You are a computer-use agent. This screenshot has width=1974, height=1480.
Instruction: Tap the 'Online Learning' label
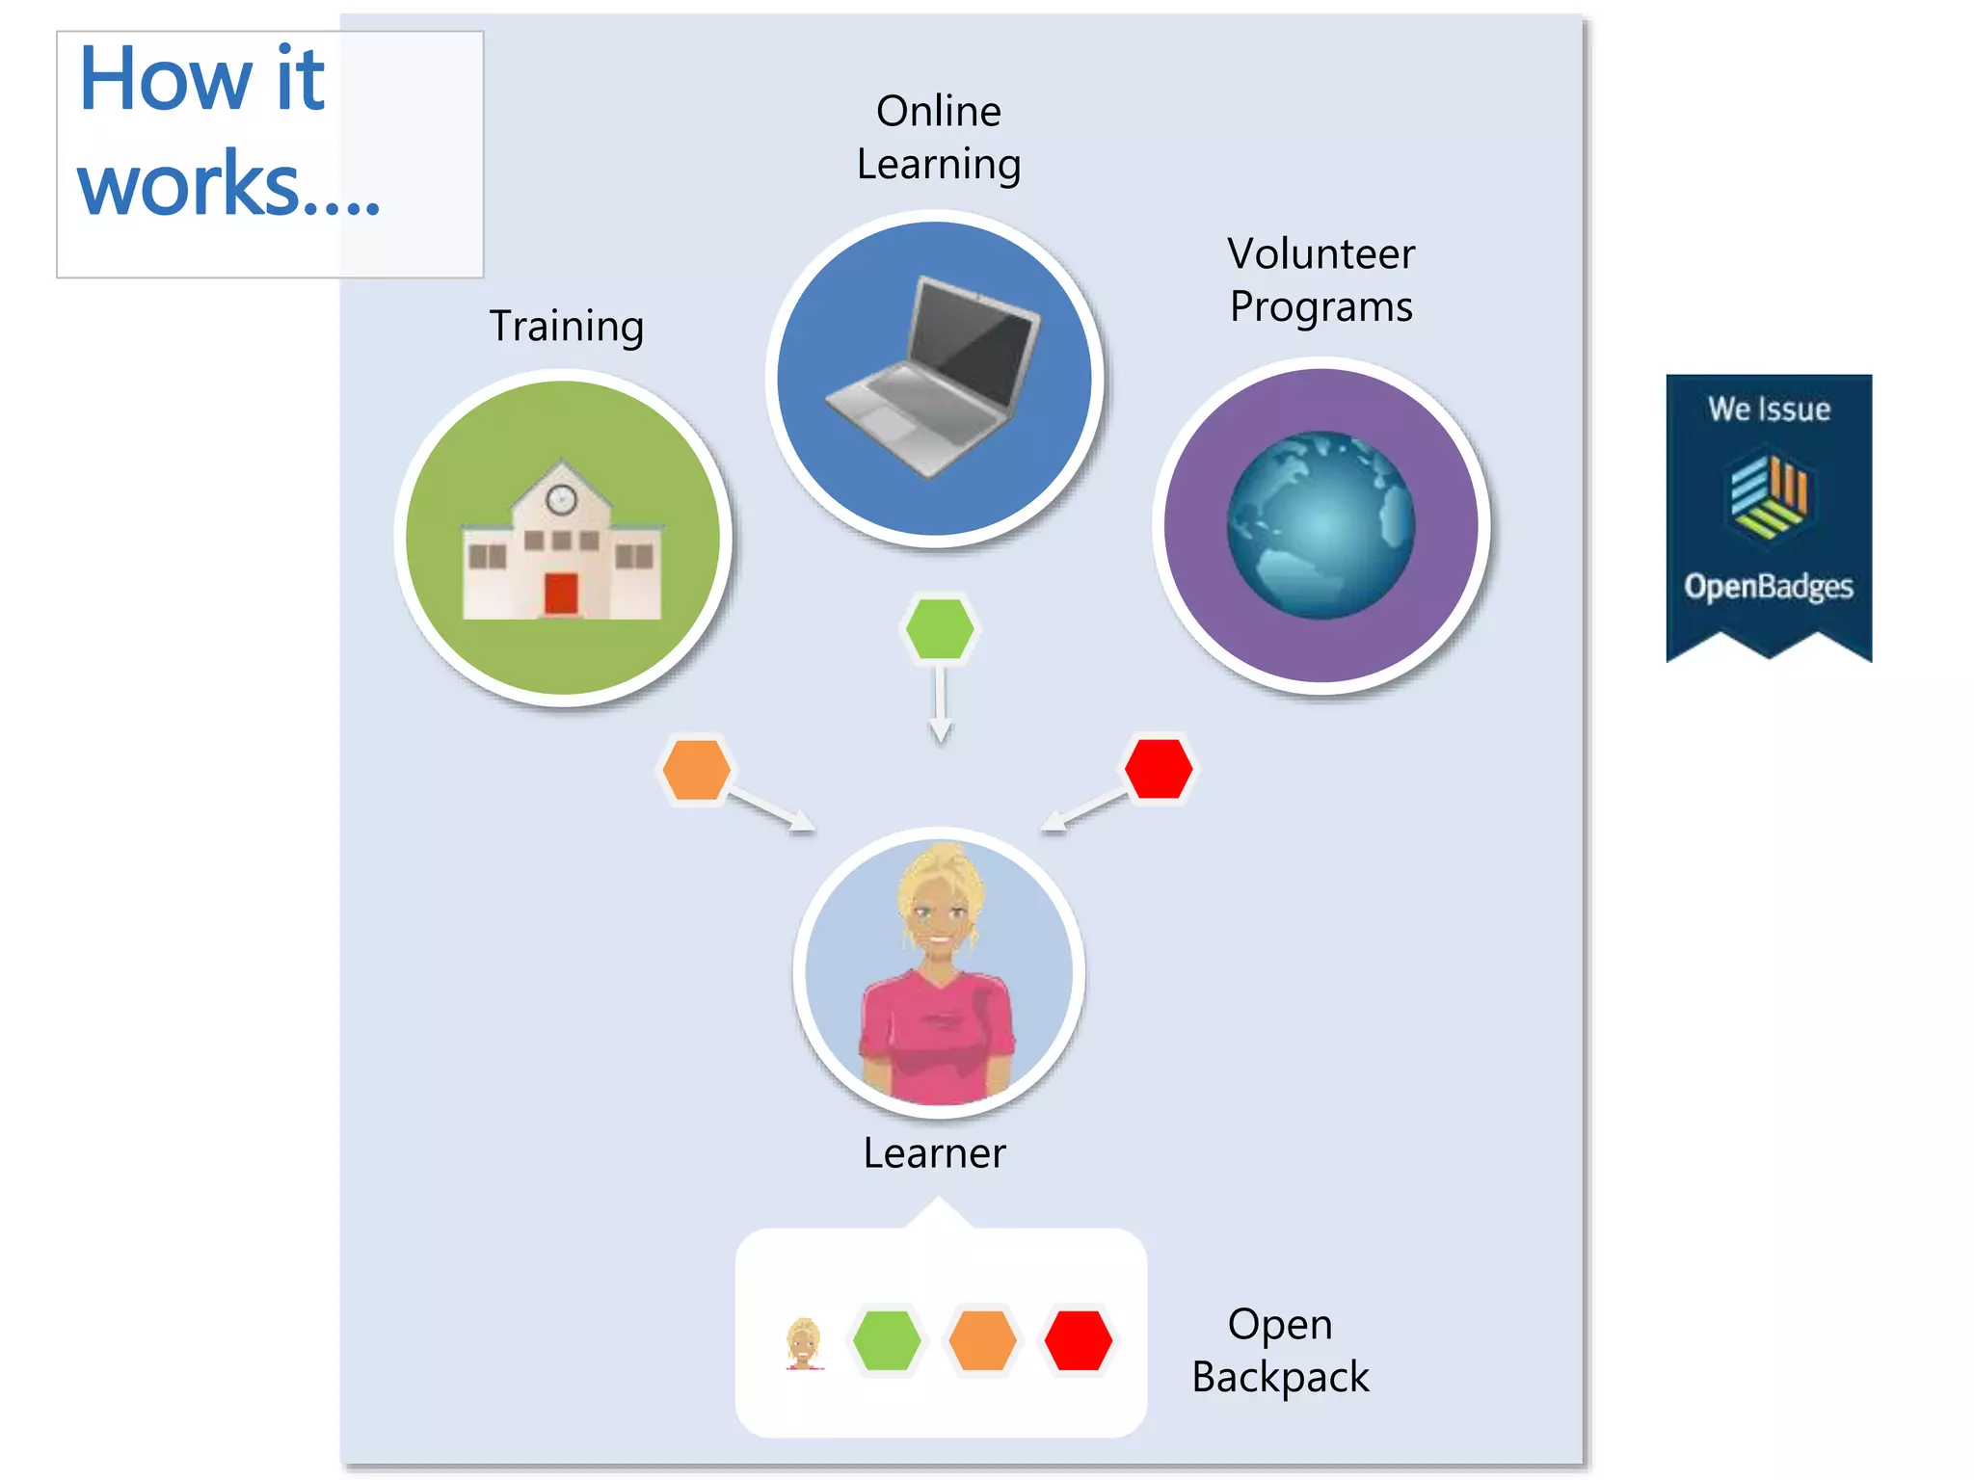click(938, 137)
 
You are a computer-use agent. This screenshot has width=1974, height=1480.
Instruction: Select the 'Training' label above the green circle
click(566, 326)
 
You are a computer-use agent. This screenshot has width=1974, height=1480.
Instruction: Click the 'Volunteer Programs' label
click(1320, 279)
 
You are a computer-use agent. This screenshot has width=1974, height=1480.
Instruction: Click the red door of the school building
click(561, 594)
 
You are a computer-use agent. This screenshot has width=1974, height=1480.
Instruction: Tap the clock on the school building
click(562, 499)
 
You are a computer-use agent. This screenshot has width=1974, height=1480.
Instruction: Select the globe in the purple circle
click(1320, 525)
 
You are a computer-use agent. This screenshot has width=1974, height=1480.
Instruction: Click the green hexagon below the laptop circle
click(940, 629)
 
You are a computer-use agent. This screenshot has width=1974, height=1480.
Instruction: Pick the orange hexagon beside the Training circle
click(696, 769)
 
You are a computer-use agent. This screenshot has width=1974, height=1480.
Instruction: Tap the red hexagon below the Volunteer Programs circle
click(1159, 769)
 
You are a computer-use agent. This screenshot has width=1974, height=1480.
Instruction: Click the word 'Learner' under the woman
click(934, 1153)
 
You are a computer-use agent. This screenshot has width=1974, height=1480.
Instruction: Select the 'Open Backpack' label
click(1280, 1350)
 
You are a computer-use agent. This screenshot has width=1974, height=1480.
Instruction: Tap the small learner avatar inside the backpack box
click(804, 1342)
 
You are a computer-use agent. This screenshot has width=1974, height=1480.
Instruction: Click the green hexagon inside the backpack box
click(887, 1340)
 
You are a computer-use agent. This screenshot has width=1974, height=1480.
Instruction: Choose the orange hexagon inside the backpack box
click(982, 1340)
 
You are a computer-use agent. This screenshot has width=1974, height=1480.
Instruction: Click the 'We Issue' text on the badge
click(1769, 410)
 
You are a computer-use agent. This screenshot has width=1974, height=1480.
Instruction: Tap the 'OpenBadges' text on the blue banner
click(1769, 586)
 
